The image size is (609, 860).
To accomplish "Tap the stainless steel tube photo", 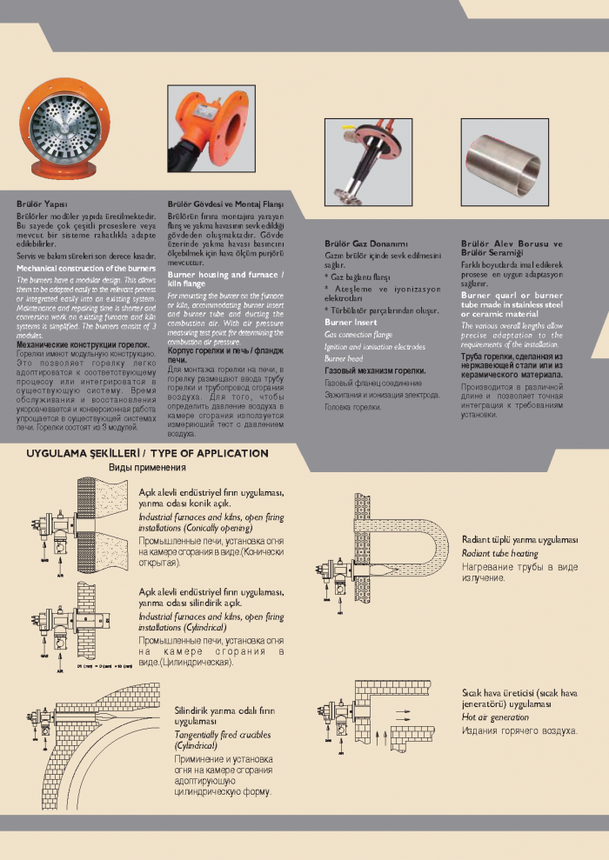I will click(505, 163).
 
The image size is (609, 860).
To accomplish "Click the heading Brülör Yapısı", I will click(37, 203).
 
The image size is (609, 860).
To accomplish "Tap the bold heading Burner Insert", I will click(351, 322).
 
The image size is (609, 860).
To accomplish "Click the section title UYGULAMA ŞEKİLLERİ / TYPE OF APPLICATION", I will click(147, 453).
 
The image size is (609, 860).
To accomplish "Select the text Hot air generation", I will click(495, 717).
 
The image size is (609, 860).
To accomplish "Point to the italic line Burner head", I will click(344, 357).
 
